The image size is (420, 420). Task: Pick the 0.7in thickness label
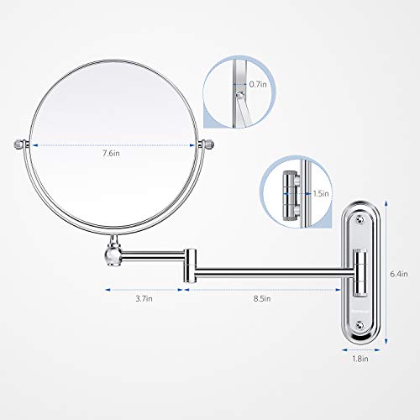(260, 84)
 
